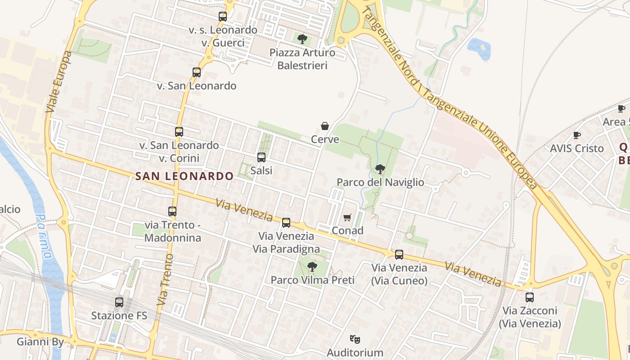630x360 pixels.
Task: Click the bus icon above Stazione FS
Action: click(x=119, y=302)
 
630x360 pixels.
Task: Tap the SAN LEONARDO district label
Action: click(x=184, y=176)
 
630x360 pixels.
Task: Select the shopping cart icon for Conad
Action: click(x=347, y=218)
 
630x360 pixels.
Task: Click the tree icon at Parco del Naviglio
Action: click(x=380, y=169)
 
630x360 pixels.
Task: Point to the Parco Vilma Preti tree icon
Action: click(x=312, y=267)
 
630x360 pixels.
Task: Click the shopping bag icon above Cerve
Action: click(x=325, y=126)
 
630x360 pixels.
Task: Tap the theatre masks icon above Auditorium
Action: click(x=355, y=339)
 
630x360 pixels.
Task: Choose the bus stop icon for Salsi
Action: click(x=261, y=157)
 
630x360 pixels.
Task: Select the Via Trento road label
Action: click(x=165, y=280)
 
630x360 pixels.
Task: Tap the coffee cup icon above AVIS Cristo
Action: click(x=577, y=135)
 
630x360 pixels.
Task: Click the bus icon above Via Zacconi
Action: click(x=530, y=297)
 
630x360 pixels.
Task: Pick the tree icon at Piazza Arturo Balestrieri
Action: click(x=302, y=39)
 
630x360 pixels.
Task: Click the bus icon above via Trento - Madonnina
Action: click(x=172, y=211)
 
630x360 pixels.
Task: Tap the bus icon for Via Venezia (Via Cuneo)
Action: click(x=399, y=255)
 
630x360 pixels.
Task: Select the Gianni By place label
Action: click(x=40, y=342)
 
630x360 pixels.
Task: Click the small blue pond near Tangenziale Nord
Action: click(x=479, y=48)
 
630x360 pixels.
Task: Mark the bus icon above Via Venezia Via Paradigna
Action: click(x=286, y=223)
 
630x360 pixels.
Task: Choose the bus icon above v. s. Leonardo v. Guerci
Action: click(x=223, y=17)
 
